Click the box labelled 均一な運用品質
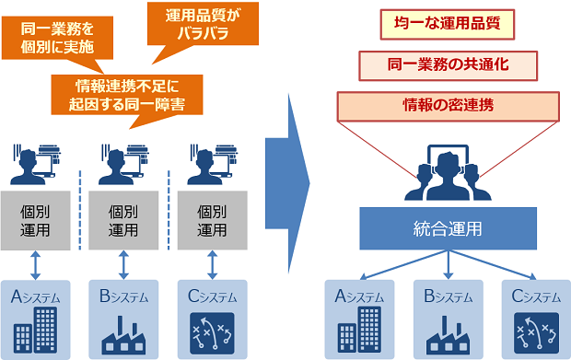pos(447,23)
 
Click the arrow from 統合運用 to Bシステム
pos(448,263)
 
